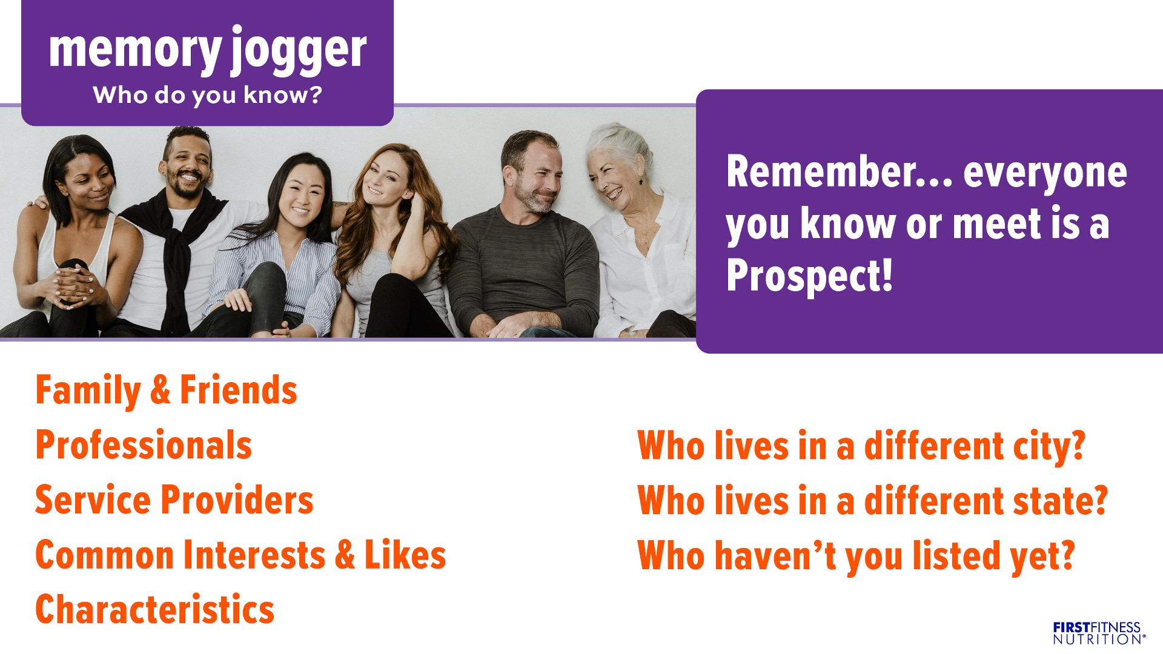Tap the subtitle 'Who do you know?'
click(x=207, y=96)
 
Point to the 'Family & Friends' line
click(x=166, y=390)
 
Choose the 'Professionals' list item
click(x=144, y=445)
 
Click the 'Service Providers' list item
click(x=174, y=500)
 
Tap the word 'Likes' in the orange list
click(x=405, y=555)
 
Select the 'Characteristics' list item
click(x=155, y=609)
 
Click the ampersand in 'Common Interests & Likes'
click(x=345, y=555)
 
